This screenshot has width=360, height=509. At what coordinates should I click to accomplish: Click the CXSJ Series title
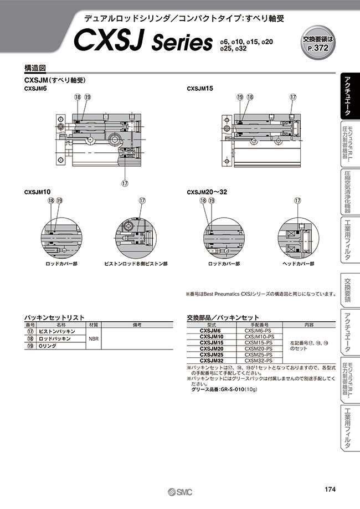pyautogui.click(x=143, y=41)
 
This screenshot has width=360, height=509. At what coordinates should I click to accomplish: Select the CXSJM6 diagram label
pyautogui.click(x=35, y=88)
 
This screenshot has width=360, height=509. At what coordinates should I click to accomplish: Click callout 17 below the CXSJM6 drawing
pyautogui.click(x=126, y=184)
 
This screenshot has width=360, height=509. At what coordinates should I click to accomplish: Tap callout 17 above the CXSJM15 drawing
pyautogui.click(x=293, y=97)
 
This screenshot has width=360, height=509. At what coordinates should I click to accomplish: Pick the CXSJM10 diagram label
pyautogui.click(x=37, y=192)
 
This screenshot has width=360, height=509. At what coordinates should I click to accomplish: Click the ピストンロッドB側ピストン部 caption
pyautogui.click(x=136, y=264)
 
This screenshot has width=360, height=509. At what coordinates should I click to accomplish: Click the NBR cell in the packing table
pyautogui.click(x=94, y=341)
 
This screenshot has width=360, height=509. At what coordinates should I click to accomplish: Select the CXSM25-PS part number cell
pyautogui.click(x=258, y=354)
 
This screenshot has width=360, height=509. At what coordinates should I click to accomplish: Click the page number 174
pyautogui.click(x=331, y=489)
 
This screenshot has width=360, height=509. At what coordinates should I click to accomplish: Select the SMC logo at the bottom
pyautogui.click(x=179, y=491)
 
